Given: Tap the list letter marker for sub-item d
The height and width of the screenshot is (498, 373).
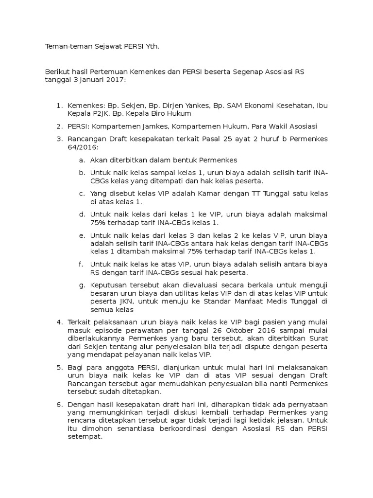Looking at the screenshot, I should tap(81, 214).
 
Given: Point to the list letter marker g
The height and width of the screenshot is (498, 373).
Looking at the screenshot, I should tap(81, 285).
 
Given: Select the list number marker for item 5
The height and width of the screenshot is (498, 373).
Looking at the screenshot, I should tap(60, 367).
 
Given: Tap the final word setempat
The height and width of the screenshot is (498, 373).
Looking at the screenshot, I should tap(85, 437).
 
